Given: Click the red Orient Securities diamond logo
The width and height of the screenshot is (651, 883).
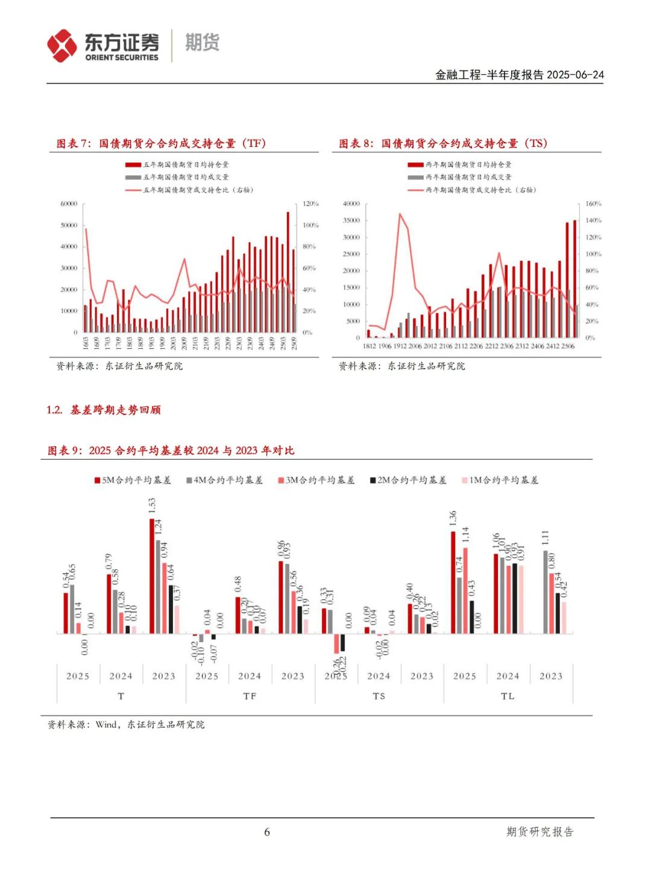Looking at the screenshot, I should click(x=62, y=46).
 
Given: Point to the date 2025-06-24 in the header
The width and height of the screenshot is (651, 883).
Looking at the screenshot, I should click(x=575, y=75).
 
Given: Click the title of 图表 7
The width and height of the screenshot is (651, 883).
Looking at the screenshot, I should click(x=161, y=143).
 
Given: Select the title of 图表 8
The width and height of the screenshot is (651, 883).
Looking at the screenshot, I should click(x=443, y=143).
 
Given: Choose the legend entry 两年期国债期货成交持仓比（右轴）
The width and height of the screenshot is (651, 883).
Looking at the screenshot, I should click(x=473, y=190).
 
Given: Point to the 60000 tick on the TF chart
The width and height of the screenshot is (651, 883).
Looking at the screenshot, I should click(x=69, y=204).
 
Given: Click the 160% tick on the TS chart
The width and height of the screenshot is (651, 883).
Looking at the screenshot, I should click(x=593, y=204).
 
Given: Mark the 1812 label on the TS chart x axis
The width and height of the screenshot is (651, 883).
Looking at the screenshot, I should click(x=369, y=346).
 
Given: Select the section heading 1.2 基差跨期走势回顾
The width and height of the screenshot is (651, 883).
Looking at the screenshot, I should click(x=104, y=410).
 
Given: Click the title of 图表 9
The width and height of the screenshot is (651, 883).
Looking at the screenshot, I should click(x=171, y=451).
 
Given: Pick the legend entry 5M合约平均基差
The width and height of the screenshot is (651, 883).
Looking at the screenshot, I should click(x=133, y=480).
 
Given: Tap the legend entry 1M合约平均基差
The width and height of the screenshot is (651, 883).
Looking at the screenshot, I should click(x=500, y=480).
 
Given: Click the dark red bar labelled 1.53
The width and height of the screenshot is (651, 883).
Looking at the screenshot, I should click(x=152, y=575).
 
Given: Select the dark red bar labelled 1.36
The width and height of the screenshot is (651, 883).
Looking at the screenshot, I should click(x=453, y=582).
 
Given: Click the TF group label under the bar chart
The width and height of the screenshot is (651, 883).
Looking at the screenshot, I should click(x=250, y=696).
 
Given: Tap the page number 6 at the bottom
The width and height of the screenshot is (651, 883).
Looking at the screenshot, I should click(x=267, y=832).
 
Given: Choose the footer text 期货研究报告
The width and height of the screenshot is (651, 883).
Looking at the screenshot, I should click(x=539, y=832).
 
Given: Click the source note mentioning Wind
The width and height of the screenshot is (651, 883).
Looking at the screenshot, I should click(x=126, y=725).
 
